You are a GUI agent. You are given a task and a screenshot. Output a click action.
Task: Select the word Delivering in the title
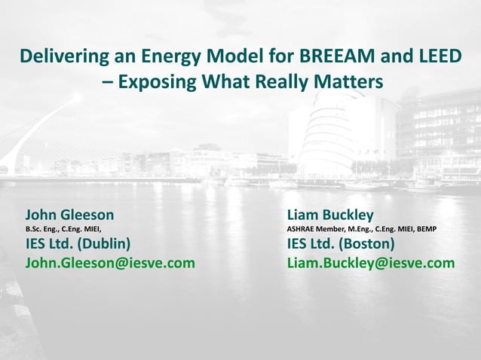[62, 56]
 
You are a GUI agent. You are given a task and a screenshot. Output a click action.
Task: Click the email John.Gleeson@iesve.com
[110, 262]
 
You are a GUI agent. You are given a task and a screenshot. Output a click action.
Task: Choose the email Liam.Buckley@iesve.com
[371, 262]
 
